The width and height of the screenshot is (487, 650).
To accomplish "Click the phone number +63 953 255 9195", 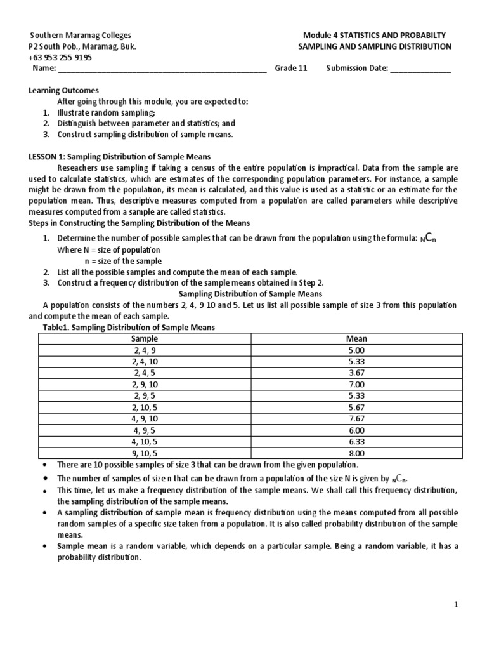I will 60,57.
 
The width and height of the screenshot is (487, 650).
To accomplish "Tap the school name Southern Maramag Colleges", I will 81,36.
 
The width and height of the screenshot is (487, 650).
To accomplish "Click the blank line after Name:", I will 162,69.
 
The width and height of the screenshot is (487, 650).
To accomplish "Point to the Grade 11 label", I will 291,69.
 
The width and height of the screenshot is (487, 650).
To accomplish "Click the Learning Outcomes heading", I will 64,91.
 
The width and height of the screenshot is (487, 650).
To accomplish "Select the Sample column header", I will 145,338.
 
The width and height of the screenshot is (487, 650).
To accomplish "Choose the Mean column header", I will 357,338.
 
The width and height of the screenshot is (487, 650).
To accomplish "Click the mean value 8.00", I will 357,453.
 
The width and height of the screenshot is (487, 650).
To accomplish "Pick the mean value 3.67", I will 357,373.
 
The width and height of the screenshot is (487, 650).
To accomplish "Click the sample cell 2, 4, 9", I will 145,350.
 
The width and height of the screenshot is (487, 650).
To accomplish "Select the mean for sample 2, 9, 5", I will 357,395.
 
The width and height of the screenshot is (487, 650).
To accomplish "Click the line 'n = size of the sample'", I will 123,261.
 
